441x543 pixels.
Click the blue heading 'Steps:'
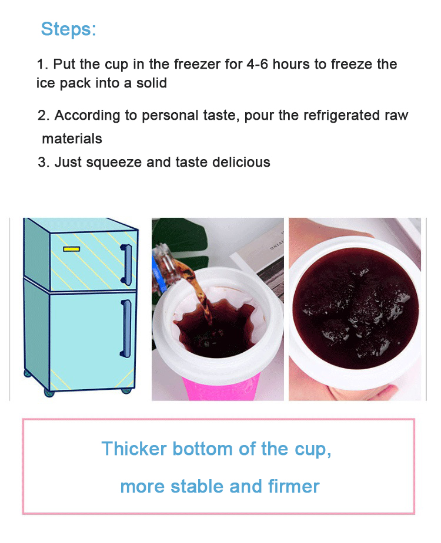68,29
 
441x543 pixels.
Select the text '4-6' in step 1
257,64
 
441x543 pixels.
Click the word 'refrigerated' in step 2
342,115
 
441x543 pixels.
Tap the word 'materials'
72,139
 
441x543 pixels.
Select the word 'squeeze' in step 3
114,163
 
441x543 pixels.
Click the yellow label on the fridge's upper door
72,249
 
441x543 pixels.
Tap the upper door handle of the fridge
126,265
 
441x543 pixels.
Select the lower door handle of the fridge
126,328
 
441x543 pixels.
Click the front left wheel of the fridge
49,393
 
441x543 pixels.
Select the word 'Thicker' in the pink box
134,449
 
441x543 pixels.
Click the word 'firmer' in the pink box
293,487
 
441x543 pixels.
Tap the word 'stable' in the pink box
197,487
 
